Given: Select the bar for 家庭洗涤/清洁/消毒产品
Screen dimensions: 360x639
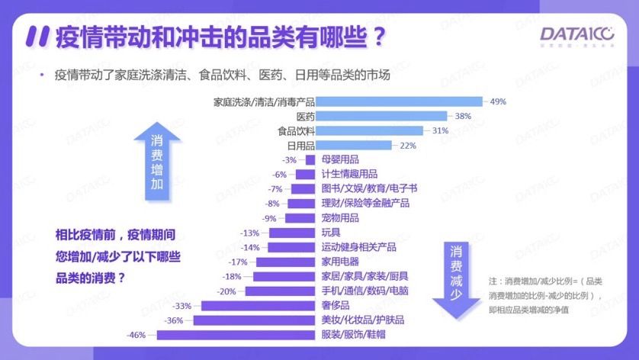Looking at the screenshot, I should pyautogui.click(x=399, y=101).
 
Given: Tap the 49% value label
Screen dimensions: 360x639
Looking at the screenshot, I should pyautogui.click(x=499, y=101).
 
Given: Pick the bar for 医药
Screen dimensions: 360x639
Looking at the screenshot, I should pyautogui.click(x=381, y=116).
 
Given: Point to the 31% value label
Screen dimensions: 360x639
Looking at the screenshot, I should pyautogui.click(x=440, y=130).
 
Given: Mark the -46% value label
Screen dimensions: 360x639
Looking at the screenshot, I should pyautogui.click(x=136, y=335).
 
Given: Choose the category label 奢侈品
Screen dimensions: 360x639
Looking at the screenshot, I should pyautogui.click(x=336, y=306).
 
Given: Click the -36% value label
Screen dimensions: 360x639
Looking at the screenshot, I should pyautogui.click(x=174, y=320).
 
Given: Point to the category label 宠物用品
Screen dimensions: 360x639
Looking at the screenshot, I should pyautogui.click(x=340, y=218).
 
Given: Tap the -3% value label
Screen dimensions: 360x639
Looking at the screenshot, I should pyautogui.click(x=289, y=160).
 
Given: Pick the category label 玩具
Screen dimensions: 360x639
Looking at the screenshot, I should pyautogui.click(x=331, y=233).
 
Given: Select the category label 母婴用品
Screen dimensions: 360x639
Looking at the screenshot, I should pyautogui.click(x=340, y=160).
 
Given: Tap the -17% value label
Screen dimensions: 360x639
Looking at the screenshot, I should pyautogui.click(x=238, y=262).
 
